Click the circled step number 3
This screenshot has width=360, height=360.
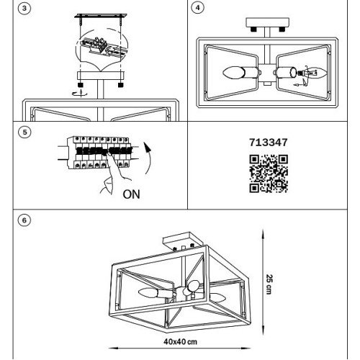click(24, 9)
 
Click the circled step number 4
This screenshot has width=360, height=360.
click(197, 8)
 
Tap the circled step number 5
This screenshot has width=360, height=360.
click(24, 132)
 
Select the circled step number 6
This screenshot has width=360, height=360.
click(24, 220)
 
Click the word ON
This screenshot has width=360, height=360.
click(131, 194)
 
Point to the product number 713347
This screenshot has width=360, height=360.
click(269, 143)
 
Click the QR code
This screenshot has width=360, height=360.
click(269, 174)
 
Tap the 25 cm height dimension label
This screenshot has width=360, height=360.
click(269, 284)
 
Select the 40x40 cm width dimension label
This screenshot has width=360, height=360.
click(180, 341)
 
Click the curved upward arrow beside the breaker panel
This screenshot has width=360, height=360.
click(149, 158)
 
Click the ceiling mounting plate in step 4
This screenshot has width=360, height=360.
click(267, 22)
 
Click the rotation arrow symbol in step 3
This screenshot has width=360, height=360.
click(81, 93)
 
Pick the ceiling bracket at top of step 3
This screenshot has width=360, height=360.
click(101, 16)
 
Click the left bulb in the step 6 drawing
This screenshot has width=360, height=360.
click(148, 293)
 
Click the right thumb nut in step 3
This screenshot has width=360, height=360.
click(120, 85)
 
